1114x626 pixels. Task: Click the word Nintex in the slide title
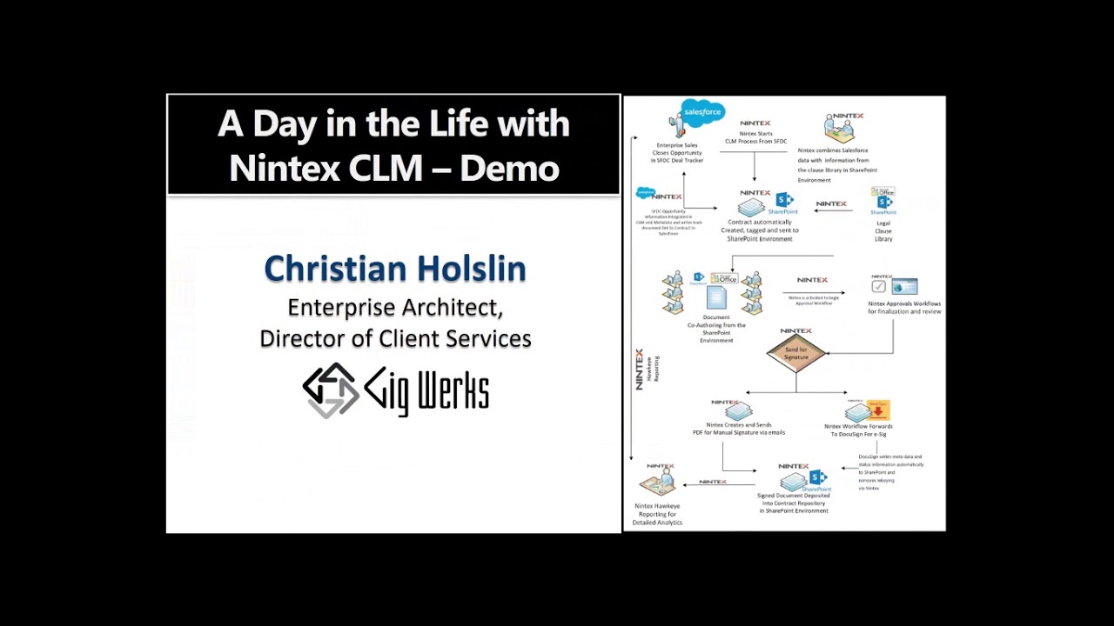[x=284, y=168]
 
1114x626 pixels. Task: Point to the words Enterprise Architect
[x=395, y=308]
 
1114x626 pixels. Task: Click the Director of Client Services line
[x=395, y=338]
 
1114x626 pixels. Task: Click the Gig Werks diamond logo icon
[x=330, y=390]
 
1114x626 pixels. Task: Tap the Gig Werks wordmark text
[x=426, y=391]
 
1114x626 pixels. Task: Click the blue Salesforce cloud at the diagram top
[x=703, y=112]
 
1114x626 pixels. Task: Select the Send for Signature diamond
[x=795, y=352]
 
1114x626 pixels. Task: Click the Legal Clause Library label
[x=883, y=231]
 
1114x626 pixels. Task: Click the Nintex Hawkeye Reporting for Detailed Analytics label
[x=657, y=514]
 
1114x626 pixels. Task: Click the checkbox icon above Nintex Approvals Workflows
[x=879, y=286]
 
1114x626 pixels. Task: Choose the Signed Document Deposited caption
[x=793, y=503]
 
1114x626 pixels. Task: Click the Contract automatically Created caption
[x=760, y=230]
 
